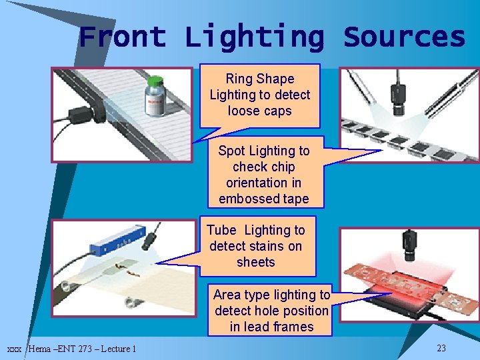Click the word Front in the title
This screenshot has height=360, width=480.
coord(122,37)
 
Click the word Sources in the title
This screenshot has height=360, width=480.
coord(404,37)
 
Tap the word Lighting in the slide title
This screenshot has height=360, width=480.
coord(254,38)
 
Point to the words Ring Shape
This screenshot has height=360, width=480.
coord(259,79)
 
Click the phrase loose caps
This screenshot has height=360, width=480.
coord(259,111)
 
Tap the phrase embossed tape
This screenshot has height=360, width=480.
coord(263,199)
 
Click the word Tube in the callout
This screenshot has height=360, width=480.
coord(221,230)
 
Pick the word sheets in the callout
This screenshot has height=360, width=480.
coord(255,262)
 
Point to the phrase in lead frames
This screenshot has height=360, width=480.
coord(271,327)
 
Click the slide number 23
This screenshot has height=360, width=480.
coord(441,348)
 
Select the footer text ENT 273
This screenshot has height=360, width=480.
coord(77,349)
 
